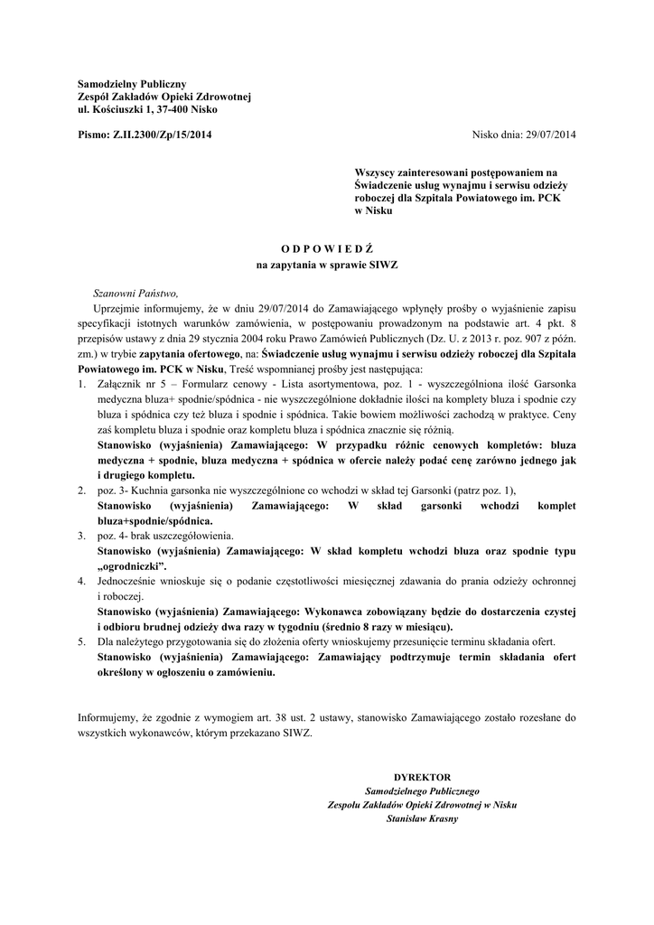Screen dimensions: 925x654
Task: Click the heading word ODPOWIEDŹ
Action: [x=327, y=247]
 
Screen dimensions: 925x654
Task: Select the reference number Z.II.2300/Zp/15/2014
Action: [x=163, y=135]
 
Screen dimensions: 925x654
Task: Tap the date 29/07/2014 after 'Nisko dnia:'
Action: [x=550, y=135]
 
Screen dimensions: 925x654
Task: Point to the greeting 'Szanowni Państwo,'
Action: [x=135, y=293]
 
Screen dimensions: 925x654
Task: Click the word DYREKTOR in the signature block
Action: [x=422, y=777]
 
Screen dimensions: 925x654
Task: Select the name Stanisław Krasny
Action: [x=422, y=818]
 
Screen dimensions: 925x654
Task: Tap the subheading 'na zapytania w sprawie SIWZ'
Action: [x=327, y=266]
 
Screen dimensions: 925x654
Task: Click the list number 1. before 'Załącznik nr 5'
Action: [x=81, y=385]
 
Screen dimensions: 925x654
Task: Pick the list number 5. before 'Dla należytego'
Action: [x=81, y=640]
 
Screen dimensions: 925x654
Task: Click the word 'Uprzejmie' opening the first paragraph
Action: [x=117, y=308]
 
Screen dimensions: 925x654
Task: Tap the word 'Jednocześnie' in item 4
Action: [x=130, y=580]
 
